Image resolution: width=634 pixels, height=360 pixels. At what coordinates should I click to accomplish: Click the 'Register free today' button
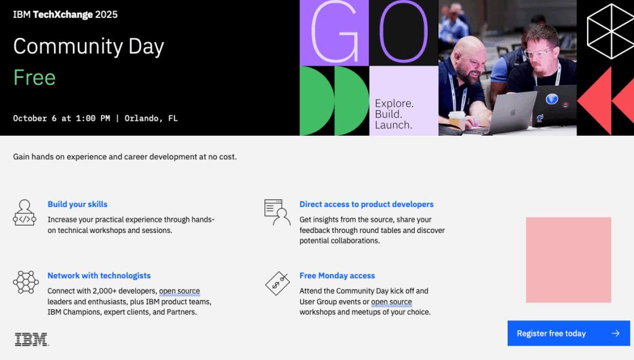[568, 333]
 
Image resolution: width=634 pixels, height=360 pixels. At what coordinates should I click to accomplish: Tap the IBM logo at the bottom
[32, 340]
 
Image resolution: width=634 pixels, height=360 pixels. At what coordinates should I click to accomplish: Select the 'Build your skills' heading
[77, 204]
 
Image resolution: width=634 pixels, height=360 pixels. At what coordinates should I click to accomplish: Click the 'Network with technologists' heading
[99, 276]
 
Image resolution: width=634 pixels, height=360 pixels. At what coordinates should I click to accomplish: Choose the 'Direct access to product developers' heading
[367, 204]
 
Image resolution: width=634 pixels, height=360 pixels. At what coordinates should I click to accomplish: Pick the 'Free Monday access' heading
[337, 276]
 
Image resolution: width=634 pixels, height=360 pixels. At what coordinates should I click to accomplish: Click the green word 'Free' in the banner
[35, 77]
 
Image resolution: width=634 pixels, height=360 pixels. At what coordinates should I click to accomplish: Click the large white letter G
[335, 32]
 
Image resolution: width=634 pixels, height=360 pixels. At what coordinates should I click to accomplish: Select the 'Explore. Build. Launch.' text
[394, 114]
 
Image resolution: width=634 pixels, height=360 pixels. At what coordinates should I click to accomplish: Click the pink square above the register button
[568, 260]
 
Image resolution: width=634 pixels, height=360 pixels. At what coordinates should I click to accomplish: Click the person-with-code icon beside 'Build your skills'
[25, 213]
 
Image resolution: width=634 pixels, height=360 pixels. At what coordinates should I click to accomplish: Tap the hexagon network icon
[26, 282]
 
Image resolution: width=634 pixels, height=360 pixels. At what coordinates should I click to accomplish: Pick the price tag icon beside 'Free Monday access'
[277, 283]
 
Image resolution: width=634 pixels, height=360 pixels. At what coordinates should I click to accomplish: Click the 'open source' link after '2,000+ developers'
[180, 291]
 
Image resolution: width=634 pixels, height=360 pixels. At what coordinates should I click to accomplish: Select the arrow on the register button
[615, 333]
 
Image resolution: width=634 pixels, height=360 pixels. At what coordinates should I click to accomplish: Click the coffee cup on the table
[457, 120]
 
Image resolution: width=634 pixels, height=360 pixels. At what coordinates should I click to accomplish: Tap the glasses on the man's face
[539, 53]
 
